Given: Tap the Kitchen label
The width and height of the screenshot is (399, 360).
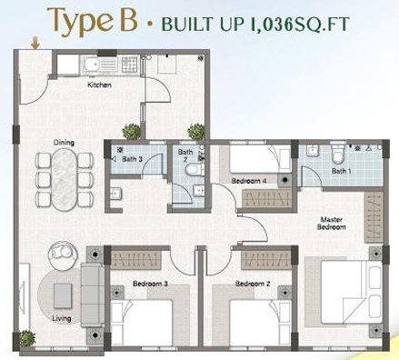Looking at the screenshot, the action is tap(99, 85).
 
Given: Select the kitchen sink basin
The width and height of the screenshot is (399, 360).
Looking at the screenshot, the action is tap(91, 65).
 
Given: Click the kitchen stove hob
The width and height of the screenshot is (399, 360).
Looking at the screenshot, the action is tap(129, 65).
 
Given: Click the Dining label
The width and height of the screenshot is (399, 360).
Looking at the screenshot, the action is tap(64, 143).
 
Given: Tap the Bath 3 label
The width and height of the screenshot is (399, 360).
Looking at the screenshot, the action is tap(132, 159).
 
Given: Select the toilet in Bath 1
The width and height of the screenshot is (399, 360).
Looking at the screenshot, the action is tap(337, 155).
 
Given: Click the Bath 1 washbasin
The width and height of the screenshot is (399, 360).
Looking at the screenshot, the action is tap(312, 150).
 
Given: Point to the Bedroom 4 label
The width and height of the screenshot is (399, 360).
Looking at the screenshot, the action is tap(249, 181).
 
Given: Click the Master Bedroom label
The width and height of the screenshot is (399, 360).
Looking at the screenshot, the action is tap(332, 224).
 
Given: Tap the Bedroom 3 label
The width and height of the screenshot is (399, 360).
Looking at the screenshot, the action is tap(150, 284).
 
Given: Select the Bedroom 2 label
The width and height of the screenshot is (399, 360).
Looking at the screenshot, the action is tap(253, 284).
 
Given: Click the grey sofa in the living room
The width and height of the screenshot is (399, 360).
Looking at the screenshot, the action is tap(93, 295).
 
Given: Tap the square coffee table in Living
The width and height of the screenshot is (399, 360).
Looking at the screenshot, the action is tap(63, 295).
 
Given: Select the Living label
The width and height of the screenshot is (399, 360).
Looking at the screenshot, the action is tap(62, 318).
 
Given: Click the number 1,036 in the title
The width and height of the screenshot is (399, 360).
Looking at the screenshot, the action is tap(272, 24).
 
